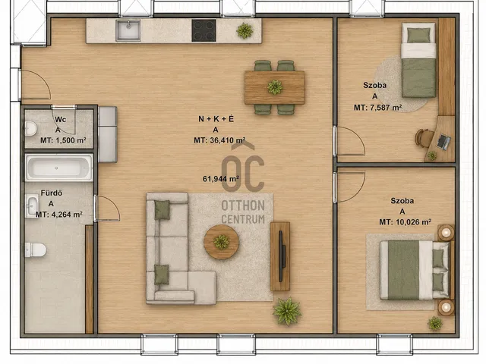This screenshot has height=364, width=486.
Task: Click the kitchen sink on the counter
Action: (x=128, y=30)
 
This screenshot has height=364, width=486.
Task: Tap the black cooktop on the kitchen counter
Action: (x=204, y=30)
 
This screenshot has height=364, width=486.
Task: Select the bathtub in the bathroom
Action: (x=59, y=168)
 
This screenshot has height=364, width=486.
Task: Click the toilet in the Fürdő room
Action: (x=36, y=249)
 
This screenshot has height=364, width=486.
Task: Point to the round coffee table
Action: (x=221, y=242)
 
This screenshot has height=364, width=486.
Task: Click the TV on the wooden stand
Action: (x=282, y=256)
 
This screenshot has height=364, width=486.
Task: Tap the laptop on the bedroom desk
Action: (x=443, y=142)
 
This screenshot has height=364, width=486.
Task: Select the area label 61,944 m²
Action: (x=221, y=179)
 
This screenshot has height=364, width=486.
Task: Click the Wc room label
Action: (x=61, y=120)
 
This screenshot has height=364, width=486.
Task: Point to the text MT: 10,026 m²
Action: (x=405, y=222)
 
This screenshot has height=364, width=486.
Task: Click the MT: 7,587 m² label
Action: (x=378, y=108)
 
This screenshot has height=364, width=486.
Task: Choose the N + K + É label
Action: (x=216, y=119)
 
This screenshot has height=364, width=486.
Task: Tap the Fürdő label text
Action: (x=52, y=193)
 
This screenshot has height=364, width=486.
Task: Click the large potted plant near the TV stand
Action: (x=287, y=311)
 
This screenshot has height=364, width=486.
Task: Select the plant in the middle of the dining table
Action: (x=275, y=87)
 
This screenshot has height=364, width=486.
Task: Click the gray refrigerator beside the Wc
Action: (x=108, y=134)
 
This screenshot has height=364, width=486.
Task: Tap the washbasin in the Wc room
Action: (x=30, y=128)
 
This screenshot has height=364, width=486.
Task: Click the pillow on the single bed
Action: (x=418, y=36)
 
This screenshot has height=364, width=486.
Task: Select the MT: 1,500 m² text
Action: (x=63, y=140)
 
